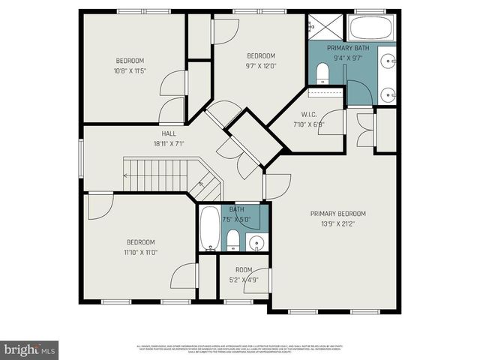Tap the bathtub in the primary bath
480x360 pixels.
pos(370,29)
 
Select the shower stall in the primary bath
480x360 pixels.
pos(325,28)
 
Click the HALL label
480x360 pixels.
pos(168,133)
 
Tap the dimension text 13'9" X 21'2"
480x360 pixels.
pos(343,223)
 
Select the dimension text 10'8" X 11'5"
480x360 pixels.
pos(130,70)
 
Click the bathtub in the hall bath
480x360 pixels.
pos(209,228)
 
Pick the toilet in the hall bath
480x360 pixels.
pos(233,240)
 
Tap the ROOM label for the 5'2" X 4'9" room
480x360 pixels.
pos(244,270)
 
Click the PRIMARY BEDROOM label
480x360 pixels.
pos(343,214)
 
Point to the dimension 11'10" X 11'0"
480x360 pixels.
pos(140,252)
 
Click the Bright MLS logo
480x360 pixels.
pos(30,349)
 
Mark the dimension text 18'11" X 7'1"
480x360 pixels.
pos(168,143)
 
